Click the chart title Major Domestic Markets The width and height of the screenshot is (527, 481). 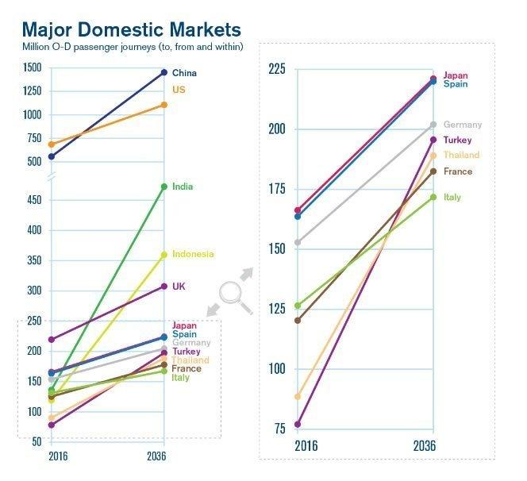pos(131,29)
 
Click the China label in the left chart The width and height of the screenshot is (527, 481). pos(184,73)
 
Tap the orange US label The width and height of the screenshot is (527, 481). pos(179,90)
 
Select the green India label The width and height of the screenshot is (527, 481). pos(183,187)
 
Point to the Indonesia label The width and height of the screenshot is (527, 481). pos(193,254)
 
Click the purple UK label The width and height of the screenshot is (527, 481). pos(179,286)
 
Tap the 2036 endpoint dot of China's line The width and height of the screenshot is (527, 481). pos(163,72)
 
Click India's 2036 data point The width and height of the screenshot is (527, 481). pos(163,187)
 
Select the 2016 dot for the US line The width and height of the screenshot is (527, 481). pos(52,144)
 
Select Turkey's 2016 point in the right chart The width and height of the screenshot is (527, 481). pos(298,425)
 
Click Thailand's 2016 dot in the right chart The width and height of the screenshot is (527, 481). pos(298,396)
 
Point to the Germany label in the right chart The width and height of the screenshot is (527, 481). pos(462,125)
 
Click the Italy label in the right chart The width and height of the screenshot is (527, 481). pos(452,197)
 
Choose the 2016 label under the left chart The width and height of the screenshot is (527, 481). pos(57,456)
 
